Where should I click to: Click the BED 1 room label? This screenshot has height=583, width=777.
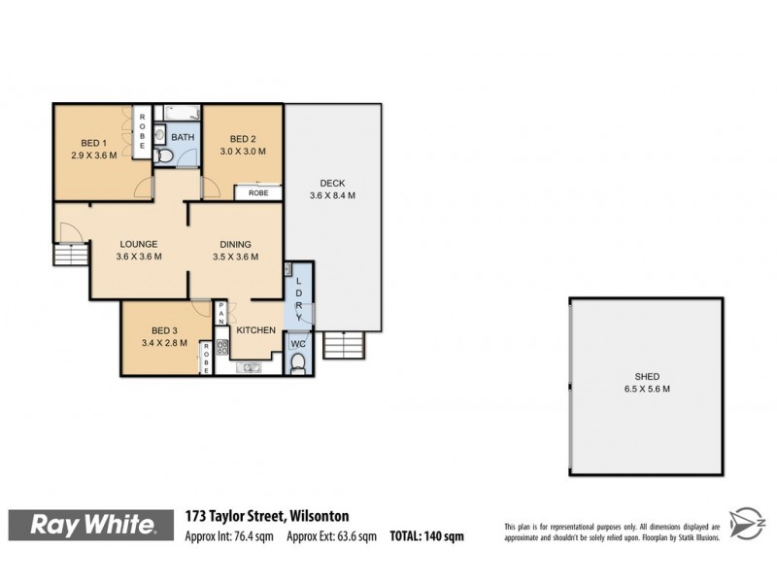pos(93,142)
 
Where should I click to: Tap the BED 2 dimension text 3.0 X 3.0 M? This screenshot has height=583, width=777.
pos(243,152)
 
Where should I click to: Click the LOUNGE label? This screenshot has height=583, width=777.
pos(139,244)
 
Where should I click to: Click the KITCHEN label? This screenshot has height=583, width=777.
pos(255,330)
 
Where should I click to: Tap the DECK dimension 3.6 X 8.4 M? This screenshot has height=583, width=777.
pos(332,195)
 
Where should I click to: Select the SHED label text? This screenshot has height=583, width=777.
pos(647,376)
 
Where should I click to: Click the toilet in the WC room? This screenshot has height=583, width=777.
pos(298,364)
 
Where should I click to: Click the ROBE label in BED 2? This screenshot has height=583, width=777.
pos(258,192)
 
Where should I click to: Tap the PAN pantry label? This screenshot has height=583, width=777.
pos(221,313)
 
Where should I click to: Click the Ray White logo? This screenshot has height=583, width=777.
pos(93,525)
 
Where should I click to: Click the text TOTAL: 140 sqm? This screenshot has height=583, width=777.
pos(427,535)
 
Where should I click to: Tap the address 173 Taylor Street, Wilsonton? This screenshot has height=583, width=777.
pos(267,517)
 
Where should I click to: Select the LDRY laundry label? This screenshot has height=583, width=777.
pos(299,294)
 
